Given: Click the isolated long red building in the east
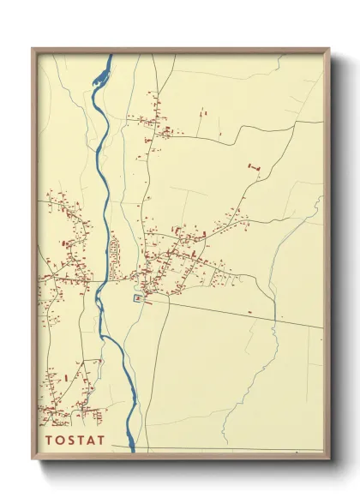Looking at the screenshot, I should coord(253,164).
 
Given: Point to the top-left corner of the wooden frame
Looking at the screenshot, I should coord(33,49).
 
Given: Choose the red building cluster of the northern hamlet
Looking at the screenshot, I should coord(154,120).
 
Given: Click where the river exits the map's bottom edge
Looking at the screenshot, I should coord(132,448).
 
